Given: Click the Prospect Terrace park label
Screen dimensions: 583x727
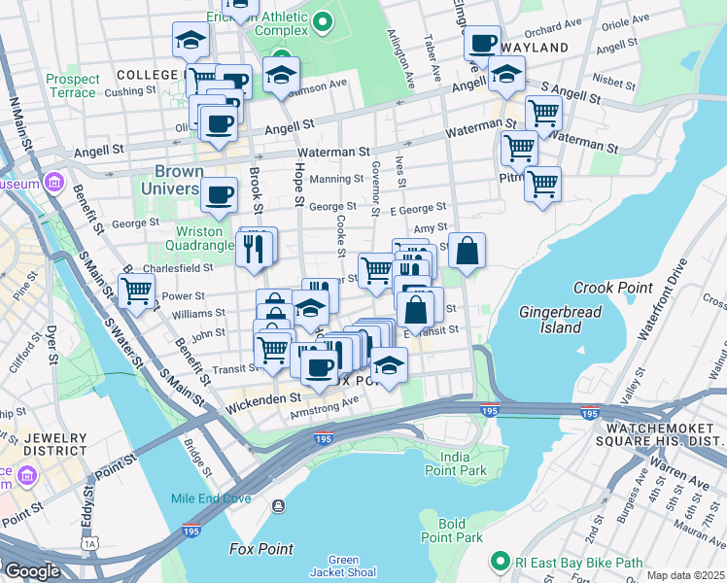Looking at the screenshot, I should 73,86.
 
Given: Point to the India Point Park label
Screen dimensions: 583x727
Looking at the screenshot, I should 462,463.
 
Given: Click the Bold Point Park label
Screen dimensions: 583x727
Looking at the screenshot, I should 452,531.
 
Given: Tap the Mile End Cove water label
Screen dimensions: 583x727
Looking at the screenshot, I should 211,498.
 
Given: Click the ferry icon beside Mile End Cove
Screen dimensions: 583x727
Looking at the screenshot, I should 279,504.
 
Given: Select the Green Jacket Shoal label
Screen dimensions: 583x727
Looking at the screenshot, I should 343,566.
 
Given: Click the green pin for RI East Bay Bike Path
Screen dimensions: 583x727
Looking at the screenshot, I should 501,562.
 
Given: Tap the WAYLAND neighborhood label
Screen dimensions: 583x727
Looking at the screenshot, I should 535,48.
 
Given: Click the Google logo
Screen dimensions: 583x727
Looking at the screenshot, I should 32,571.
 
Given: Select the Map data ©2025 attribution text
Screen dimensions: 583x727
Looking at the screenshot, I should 685,575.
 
